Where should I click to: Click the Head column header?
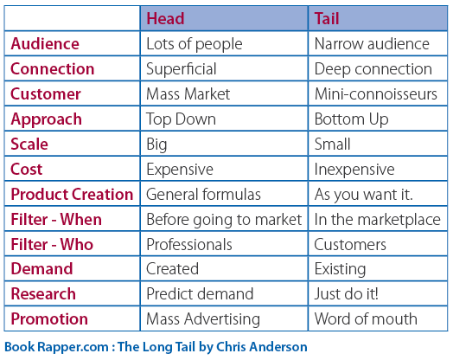[165, 18]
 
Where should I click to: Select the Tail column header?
[327, 18]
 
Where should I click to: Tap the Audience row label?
[45, 44]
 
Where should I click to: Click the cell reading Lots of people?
[195, 44]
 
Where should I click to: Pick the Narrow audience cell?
[372, 44]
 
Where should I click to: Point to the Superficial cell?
[182, 69]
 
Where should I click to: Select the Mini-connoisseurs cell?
[376, 94]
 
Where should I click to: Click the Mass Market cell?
[188, 94]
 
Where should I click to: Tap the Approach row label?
[46, 119]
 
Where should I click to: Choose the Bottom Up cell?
[351, 119]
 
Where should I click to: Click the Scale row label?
[29, 144]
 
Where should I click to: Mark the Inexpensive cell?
[354, 170]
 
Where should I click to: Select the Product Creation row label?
[72, 194]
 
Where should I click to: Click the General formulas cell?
[203, 194]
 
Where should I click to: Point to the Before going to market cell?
[224, 220]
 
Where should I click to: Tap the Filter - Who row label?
[52, 244]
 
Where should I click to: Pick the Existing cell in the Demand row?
[340, 269]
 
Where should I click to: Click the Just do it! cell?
[346, 294]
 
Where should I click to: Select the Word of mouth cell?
[366, 319]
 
